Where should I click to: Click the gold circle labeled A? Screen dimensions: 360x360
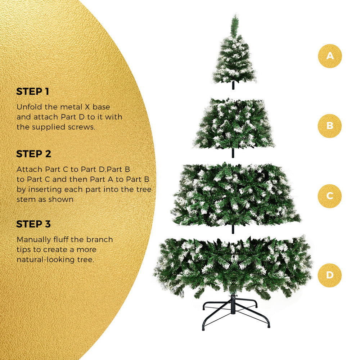point(330,56)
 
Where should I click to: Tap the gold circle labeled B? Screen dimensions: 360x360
point(330,126)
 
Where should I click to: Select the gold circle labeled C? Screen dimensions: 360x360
point(330,196)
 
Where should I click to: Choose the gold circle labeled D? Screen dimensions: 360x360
point(330,275)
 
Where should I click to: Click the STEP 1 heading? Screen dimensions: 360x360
point(33,91)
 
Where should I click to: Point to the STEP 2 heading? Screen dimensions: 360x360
point(33,154)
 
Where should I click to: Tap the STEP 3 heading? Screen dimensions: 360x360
point(33,224)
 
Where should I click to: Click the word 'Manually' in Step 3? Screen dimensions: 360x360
point(34,240)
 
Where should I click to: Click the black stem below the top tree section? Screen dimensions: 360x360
point(233,85)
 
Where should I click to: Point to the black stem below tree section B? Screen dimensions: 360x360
point(233,153)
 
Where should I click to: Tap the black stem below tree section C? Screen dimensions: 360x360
point(233,229)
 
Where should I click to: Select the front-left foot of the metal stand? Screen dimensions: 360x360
point(203,328)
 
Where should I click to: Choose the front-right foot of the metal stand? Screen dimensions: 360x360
point(269,325)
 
